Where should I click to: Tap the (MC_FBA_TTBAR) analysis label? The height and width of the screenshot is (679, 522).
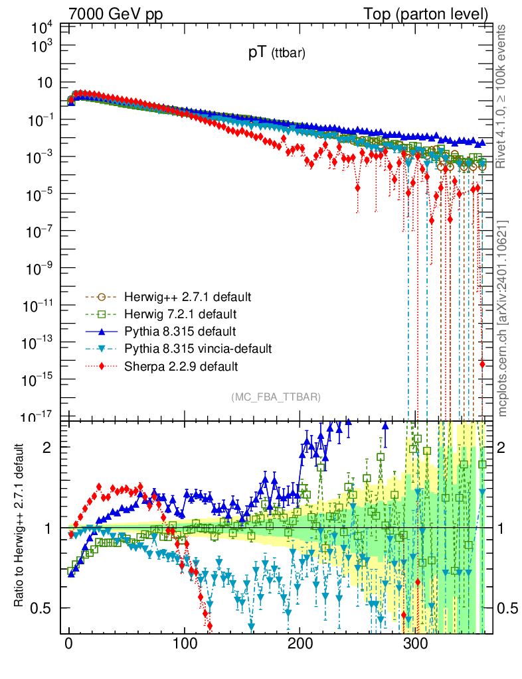pyautogui.click(x=276, y=397)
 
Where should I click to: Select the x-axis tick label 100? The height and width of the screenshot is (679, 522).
pyautogui.click(x=185, y=645)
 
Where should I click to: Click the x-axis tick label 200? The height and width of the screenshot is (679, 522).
pyautogui.click(x=300, y=645)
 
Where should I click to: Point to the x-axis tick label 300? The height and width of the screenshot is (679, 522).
pyautogui.click(x=416, y=645)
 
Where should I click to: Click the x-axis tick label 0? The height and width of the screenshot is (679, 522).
pyautogui.click(x=69, y=645)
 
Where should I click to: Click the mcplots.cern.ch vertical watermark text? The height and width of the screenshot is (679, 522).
pyautogui.click(x=503, y=318)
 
